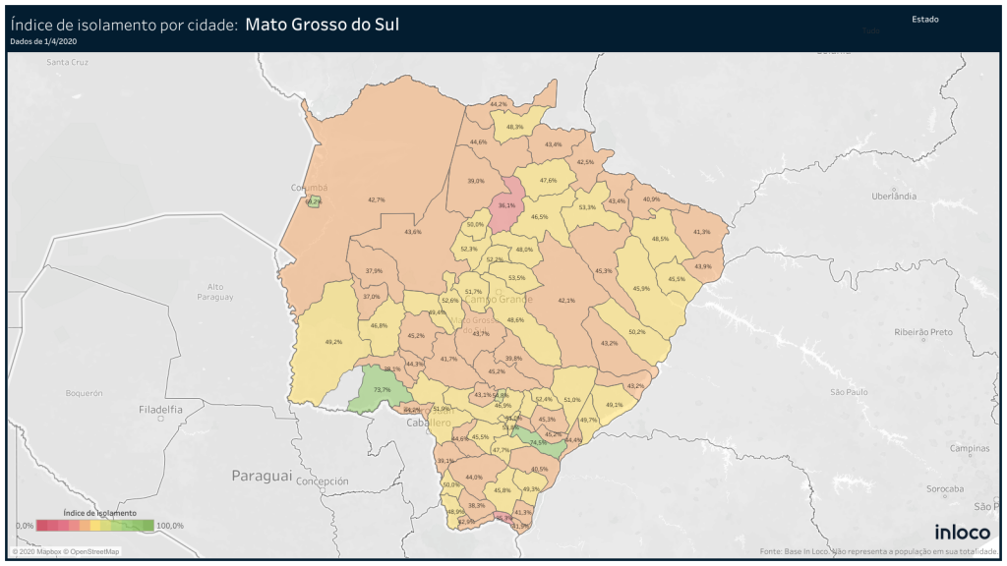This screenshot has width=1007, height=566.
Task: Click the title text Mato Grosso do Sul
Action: point(322,25)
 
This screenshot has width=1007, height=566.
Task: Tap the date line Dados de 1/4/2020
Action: point(42,41)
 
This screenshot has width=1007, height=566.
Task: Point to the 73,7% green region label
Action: point(383,390)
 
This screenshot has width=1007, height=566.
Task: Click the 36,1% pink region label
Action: point(506,205)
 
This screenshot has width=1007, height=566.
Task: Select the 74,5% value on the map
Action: point(538,442)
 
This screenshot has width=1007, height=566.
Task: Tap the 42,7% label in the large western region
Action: point(376,199)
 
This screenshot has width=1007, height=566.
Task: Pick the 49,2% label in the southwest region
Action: point(332,342)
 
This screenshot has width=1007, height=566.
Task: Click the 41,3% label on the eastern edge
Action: point(701,232)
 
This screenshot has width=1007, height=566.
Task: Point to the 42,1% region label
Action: point(566,301)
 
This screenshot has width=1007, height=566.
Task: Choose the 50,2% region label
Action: point(636,332)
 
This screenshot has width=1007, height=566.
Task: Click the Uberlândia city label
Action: point(894,197)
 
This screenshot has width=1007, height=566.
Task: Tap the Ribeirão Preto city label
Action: point(923,332)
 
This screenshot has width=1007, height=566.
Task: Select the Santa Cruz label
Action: point(68,62)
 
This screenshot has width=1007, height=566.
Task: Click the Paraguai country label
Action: point(262,476)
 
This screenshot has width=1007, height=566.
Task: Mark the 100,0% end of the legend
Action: point(170,527)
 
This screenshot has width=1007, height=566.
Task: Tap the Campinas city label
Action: point(970,447)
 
